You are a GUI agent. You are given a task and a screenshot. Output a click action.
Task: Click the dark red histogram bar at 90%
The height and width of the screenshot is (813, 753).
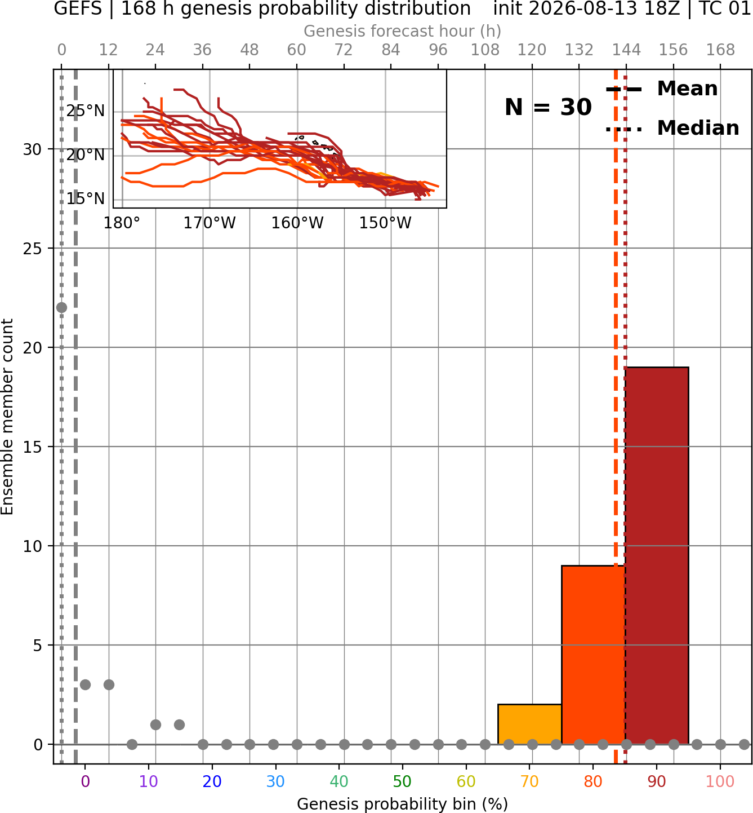click(x=657, y=555)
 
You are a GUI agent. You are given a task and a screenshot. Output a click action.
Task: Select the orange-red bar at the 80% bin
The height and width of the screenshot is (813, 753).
click(x=593, y=655)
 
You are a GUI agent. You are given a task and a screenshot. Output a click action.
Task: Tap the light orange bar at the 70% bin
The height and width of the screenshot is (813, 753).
click(x=529, y=724)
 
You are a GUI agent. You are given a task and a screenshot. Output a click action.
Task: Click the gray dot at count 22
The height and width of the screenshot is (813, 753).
click(x=61, y=307)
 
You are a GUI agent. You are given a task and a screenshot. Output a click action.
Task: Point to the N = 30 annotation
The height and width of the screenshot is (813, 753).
click(x=548, y=107)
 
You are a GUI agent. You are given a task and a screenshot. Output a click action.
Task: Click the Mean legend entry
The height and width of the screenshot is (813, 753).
click(x=662, y=89)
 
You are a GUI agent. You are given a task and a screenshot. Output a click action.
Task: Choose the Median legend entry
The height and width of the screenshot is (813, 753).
click(x=672, y=128)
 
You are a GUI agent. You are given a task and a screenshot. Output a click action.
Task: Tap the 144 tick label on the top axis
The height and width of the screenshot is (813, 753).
click(x=626, y=50)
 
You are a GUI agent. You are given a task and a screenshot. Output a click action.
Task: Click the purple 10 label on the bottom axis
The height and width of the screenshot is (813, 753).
click(x=148, y=782)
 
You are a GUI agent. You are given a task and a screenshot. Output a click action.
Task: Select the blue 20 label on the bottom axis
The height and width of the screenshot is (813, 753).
click(x=212, y=782)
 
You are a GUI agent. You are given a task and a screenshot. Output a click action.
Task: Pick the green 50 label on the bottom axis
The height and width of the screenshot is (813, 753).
click(x=402, y=782)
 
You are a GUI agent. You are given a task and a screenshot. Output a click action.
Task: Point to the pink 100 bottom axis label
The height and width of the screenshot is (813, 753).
click(x=720, y=782)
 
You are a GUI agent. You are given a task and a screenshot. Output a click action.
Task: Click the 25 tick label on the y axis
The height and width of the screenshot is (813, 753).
click(x=32, y=249)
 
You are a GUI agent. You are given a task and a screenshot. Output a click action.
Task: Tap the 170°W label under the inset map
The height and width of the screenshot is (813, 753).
click(x=210, y=223)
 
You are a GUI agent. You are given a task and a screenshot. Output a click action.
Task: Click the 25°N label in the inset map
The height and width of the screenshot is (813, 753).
click(x=86, y=111)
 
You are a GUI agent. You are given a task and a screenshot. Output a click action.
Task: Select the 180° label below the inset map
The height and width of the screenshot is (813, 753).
click(x=122, y=223)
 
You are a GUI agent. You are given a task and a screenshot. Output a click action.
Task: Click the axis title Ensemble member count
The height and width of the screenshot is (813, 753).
click(x=7, y=417)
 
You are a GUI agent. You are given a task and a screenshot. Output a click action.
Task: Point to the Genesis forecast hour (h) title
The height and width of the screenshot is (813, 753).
click(x=403, y=31)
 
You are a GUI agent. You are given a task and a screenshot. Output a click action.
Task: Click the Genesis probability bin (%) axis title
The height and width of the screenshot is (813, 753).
click(x=403, y=804)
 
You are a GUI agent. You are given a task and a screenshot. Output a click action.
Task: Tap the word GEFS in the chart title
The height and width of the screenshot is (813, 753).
click(x=78, y=8)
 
